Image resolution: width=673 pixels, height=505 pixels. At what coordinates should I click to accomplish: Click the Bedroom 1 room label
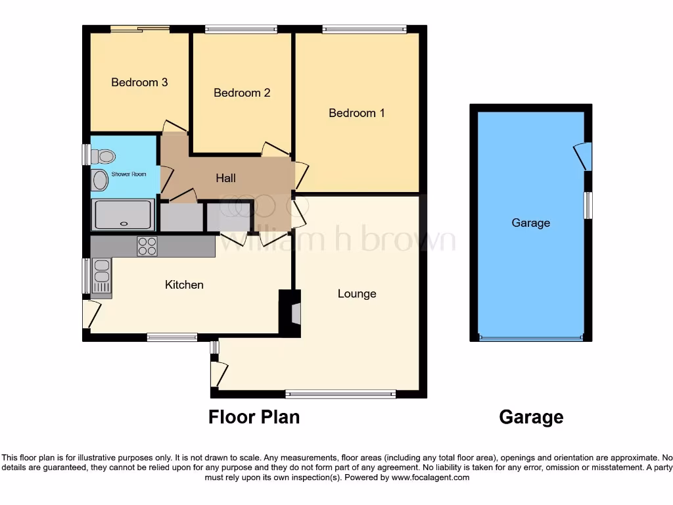(357, 113)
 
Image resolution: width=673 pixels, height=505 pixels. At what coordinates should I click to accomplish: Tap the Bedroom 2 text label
(242, 93)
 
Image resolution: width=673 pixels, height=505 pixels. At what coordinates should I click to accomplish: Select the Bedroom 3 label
(139, 82)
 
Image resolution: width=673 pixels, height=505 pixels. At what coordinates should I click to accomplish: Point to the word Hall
(225, 178)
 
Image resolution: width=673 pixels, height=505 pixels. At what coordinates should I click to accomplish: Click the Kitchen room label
(184, 285)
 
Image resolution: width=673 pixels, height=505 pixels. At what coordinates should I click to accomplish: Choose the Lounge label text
(357, 293)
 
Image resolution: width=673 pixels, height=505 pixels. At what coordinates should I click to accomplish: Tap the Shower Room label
(129, 174)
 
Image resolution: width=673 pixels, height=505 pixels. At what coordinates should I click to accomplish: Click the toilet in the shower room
(103, 156)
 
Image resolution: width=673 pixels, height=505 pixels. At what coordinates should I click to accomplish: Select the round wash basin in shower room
(99, 180)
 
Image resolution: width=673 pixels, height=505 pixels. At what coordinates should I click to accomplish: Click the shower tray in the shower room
(124, 214)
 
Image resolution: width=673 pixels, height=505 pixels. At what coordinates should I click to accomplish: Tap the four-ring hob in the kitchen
(147, 246)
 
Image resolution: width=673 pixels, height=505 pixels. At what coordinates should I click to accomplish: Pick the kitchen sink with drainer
(102, 276)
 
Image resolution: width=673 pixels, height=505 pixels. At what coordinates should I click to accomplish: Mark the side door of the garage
(583, 156)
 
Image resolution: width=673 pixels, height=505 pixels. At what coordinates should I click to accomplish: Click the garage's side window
(588, 205)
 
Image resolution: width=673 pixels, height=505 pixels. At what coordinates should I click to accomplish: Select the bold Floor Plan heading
(254, 417)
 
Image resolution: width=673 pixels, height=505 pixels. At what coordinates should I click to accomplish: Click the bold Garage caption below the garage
(531, 417)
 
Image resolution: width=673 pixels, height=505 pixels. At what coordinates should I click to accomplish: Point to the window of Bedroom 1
(364, 29)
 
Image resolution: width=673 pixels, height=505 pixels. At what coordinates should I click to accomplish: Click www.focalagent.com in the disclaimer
(430, 477)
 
